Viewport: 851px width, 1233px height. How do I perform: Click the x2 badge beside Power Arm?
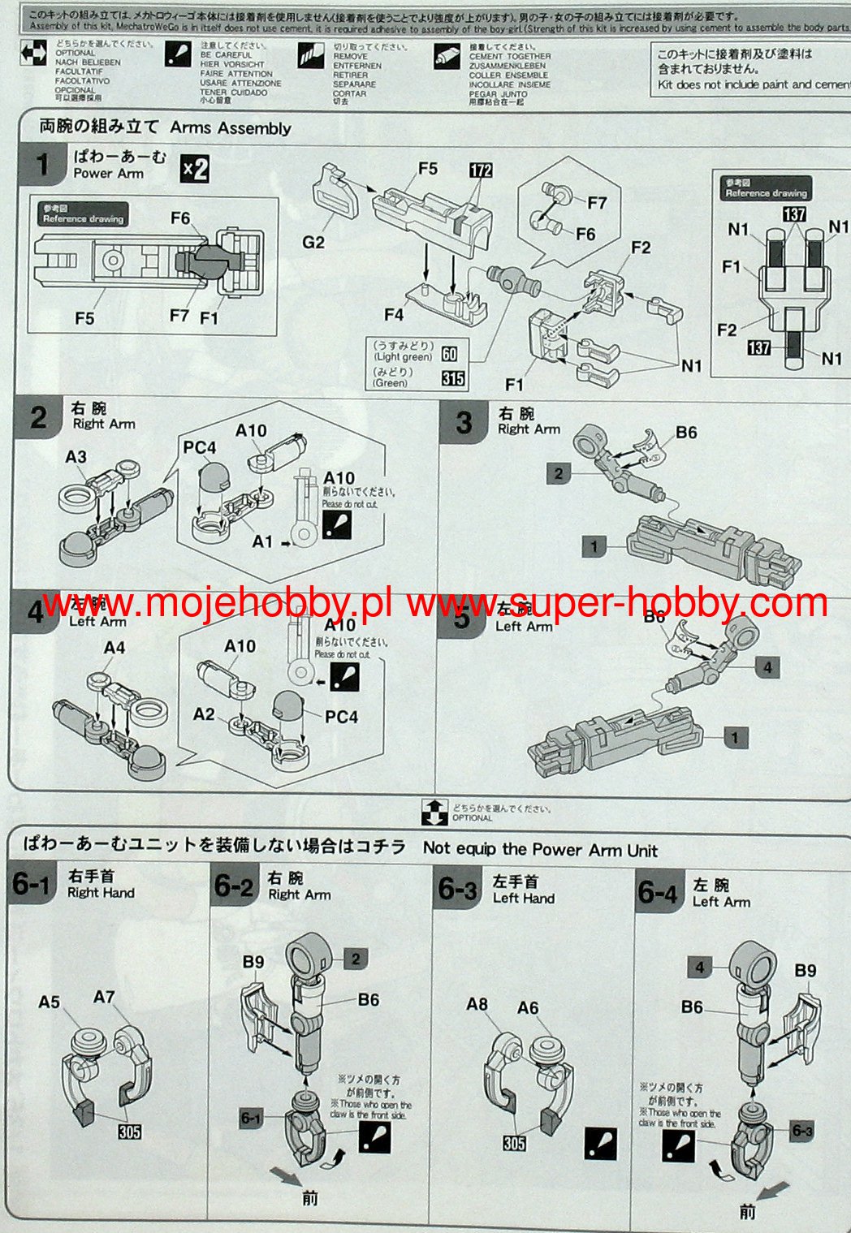pos(194,168)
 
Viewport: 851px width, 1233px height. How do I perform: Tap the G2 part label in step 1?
pos(313,242)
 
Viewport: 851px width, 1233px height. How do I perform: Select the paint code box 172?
pos(481,170)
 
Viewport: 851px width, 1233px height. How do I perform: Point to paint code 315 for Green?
pos(453,378)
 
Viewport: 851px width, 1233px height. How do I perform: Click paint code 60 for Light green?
pos(449,353)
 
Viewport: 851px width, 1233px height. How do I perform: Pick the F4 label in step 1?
pos(394,313)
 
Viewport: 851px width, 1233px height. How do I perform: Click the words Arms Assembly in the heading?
pos(231,128)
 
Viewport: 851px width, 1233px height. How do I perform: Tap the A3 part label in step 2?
pos(76,457)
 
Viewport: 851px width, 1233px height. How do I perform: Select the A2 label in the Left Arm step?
pos(204,714)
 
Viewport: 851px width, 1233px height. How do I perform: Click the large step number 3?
pos(464,422)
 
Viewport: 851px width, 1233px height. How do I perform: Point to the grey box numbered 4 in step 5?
pos(767,667)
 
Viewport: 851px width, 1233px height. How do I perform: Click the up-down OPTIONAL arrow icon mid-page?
pos(434,812)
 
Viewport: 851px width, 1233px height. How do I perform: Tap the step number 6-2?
pos(234,886)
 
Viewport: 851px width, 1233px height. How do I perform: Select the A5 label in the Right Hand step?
pos(49,1002)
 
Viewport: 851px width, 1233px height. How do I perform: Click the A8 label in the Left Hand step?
pos(477,1004)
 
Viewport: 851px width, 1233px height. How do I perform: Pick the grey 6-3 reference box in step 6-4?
pos(802,1131)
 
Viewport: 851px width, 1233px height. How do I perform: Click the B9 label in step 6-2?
pos(253,962)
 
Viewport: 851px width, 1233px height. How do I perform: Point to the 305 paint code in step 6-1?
pos(129,1131)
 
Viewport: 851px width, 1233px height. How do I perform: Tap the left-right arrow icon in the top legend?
pos(33,54)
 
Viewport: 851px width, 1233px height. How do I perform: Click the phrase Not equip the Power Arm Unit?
pos(539,850)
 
